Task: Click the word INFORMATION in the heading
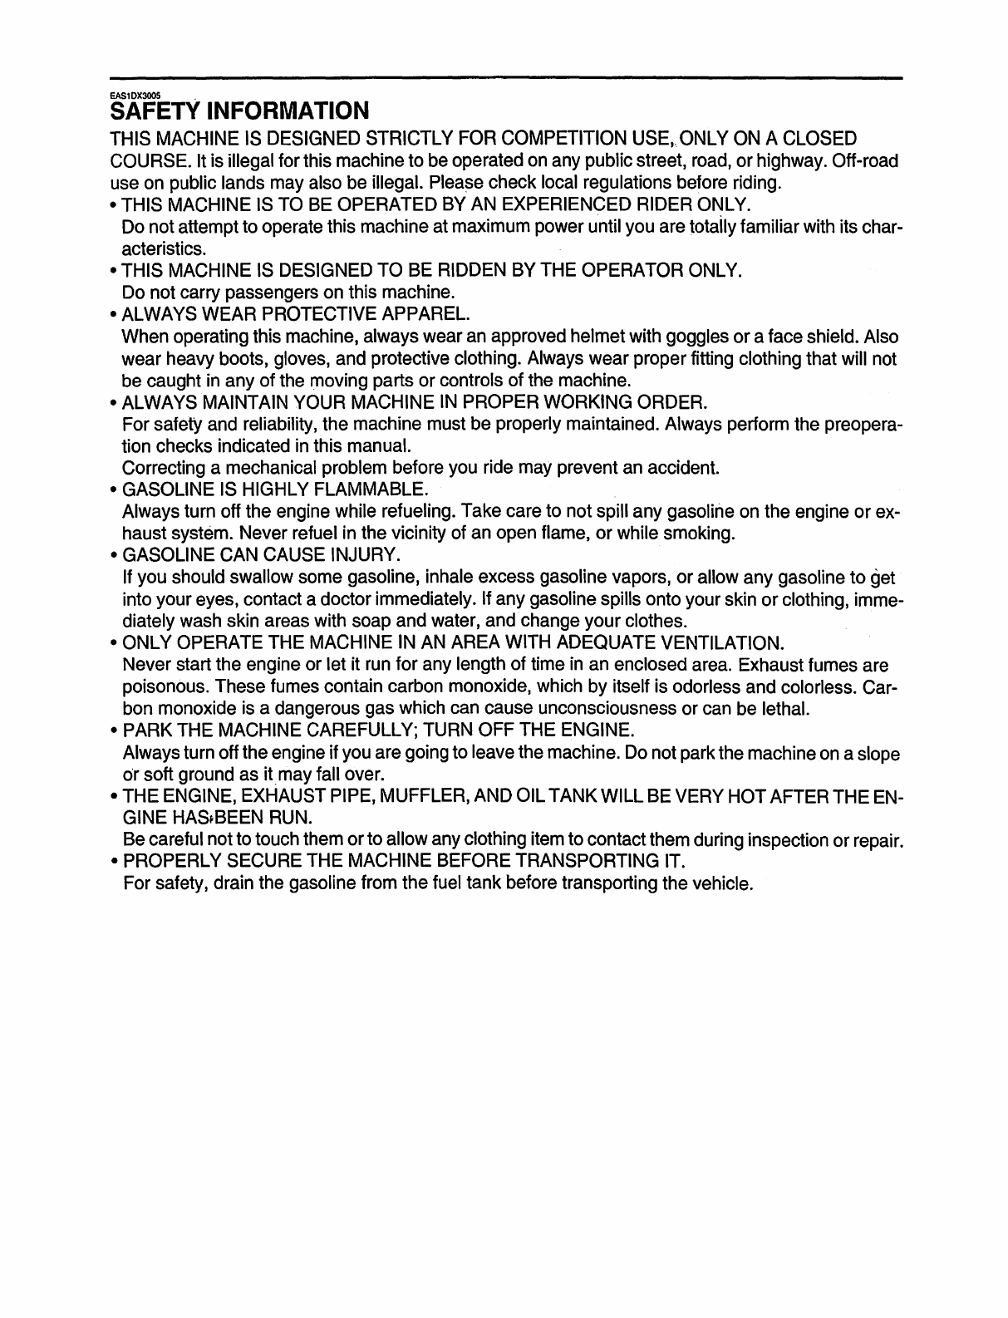click(276, 111)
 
